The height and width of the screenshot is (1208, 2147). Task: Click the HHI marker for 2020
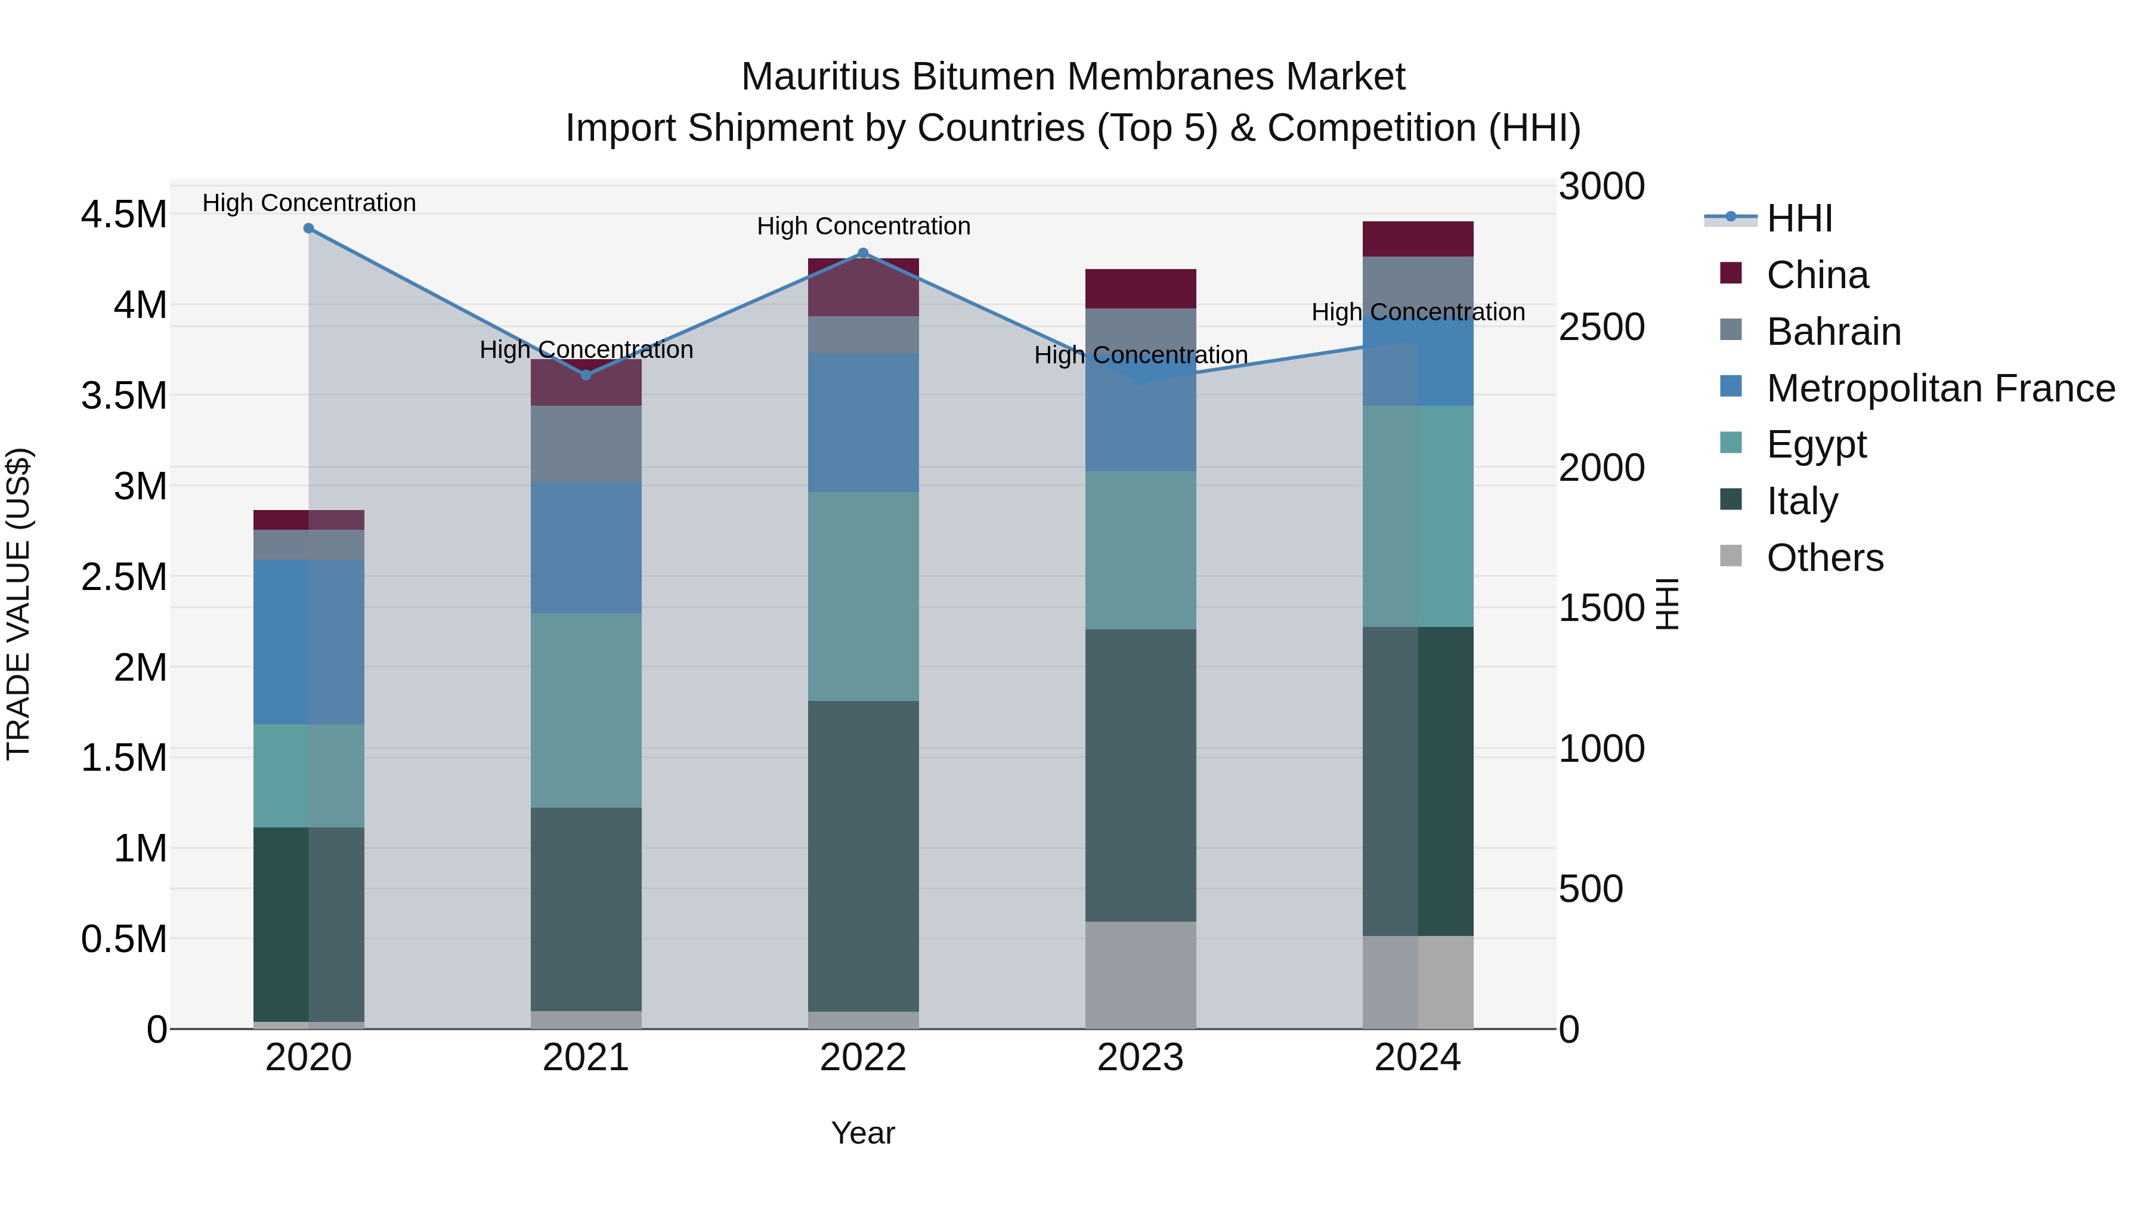coord(308,228)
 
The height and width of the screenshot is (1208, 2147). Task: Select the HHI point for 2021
coord(586,375)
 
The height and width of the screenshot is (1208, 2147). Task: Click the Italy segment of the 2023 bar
coord(1140,776)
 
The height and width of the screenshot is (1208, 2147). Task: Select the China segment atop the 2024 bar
coord(1418,239)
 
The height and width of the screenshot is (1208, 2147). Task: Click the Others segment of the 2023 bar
coord(1140,975)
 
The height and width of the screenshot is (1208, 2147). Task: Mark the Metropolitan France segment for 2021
coord(586,548)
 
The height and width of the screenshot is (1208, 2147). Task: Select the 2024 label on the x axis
coord(1417,1058)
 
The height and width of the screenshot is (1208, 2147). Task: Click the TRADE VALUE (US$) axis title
coord(19,604)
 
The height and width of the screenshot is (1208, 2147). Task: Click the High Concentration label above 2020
coord(308,203)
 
